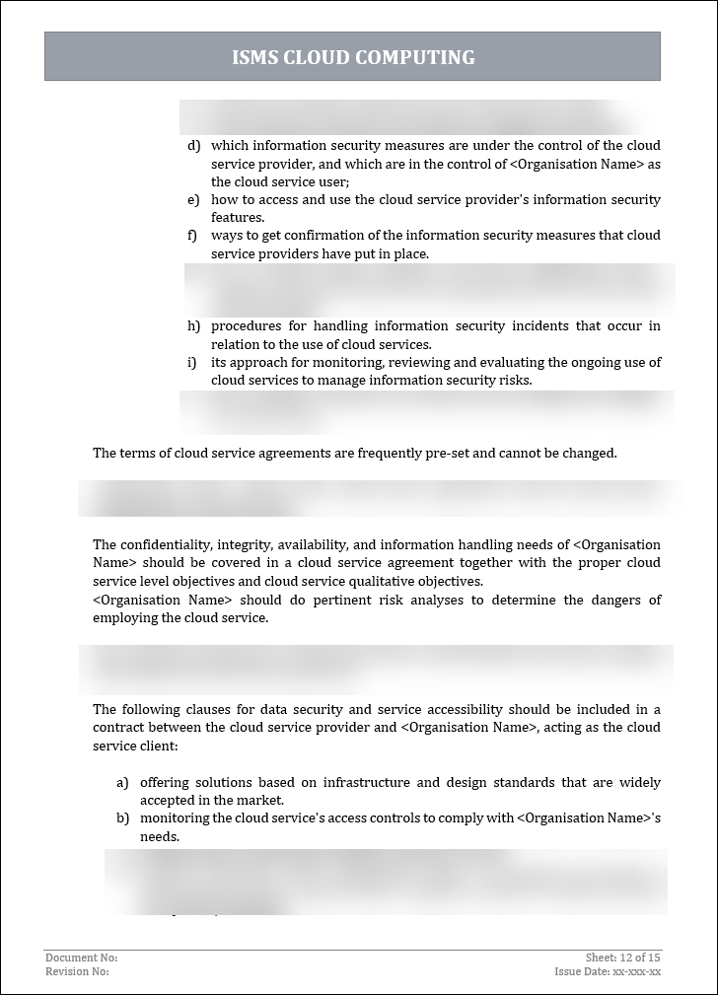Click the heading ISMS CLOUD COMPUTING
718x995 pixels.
pyautogui.click(x=353, y=57)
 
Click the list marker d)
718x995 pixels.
pyautogui.click(x=193, y=146)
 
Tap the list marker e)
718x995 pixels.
pyautogui.click(x=193, y=200)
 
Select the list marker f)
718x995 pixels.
pyautogui.click(x=193, y=236)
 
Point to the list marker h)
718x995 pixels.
pyautogui.click(x=193, y=326)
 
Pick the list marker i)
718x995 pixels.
pyautogui.click(x=192, y=363)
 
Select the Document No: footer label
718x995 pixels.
pyautogui.click(x=81, y=958)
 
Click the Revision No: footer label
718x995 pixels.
pyautogui.click(x=77, y=971)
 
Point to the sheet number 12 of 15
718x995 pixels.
pyautogui.click(x=640, y=958)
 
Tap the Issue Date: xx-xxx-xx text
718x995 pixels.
pyautogui.click(x=608, y=971)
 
